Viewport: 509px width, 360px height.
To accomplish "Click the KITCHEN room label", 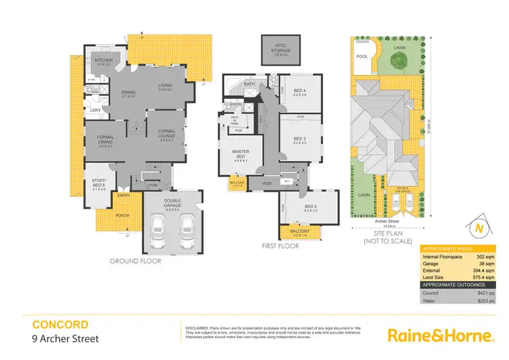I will point(104,60).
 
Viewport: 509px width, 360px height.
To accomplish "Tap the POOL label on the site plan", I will point(362,57).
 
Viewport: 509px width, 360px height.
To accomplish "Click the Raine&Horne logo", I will point(438,335).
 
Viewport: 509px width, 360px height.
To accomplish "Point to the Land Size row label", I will point(435,277).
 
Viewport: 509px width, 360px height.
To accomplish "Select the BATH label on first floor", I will point(249,84).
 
